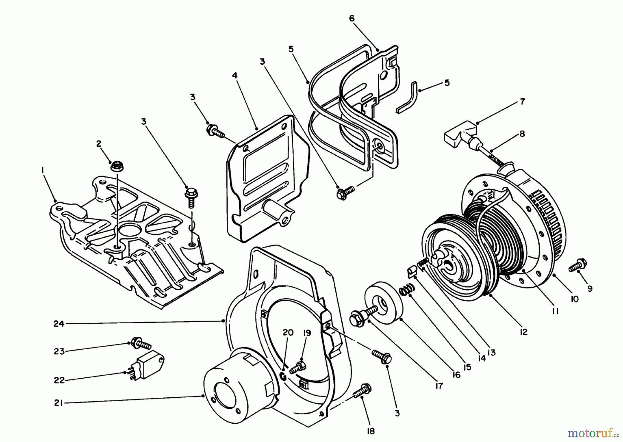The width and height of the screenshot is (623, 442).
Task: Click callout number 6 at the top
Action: coord(352,19)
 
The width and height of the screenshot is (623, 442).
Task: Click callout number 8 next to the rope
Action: coord(522,134)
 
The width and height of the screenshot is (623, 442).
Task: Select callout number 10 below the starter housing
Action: coord(575,299)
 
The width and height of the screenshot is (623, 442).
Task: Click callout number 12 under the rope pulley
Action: coord(523,332)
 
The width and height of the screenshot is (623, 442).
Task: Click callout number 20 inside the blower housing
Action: coord(288,333)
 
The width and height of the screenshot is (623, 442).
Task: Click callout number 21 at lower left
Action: coord(58,403)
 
